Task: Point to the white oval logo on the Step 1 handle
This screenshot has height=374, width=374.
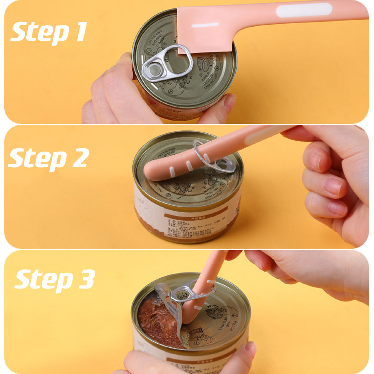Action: [304, 10]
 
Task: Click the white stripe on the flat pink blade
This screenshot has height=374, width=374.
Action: [205, 25]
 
